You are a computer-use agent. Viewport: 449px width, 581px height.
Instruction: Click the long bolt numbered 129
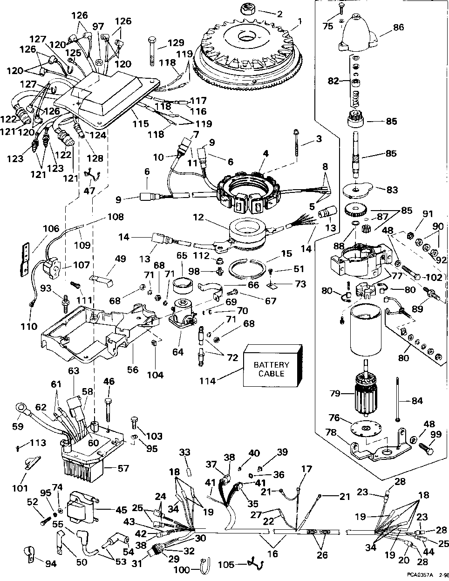(152, 50)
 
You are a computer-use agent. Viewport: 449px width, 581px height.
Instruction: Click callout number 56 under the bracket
(133, 369)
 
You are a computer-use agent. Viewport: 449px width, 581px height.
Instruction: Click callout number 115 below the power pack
(140, 124)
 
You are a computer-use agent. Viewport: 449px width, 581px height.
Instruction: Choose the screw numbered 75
(342, 7)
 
